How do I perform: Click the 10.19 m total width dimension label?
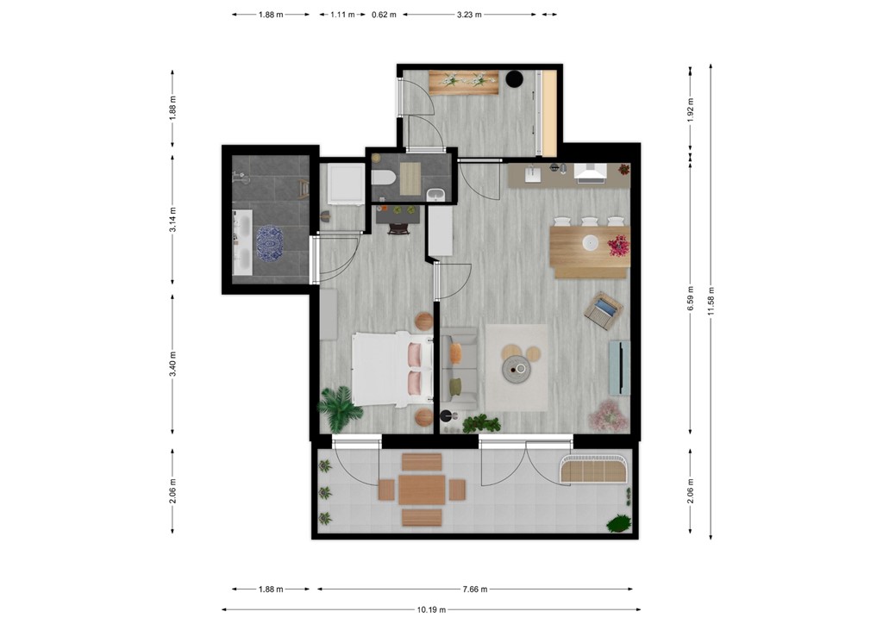(431, 609)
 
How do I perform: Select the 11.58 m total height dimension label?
(711, 302)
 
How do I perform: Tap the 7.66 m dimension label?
(475, 590)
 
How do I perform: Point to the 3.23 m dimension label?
(469, 15)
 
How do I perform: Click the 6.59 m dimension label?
(691, 298)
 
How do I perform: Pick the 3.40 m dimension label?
(172, 364)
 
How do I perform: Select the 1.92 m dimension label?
(691, 109)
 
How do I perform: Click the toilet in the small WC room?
(384, 178)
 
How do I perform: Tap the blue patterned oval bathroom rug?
(269, 242)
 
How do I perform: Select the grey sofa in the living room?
(459, 369)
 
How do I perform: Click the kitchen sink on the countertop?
(533, 175)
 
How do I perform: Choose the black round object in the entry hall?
(514, 78)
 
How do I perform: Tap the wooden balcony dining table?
(422, 490)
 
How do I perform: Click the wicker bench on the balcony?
(595, 469)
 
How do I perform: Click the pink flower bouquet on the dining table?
(619, 246)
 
